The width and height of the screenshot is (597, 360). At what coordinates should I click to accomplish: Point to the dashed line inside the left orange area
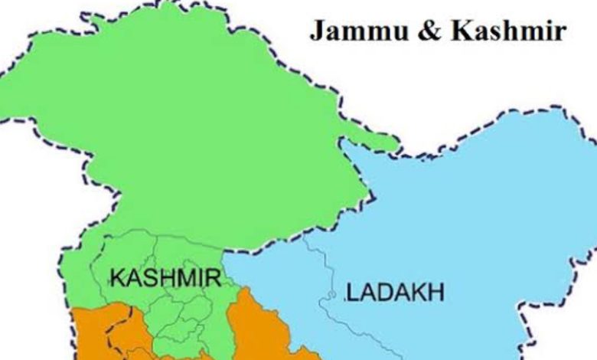tap(112, 337)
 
